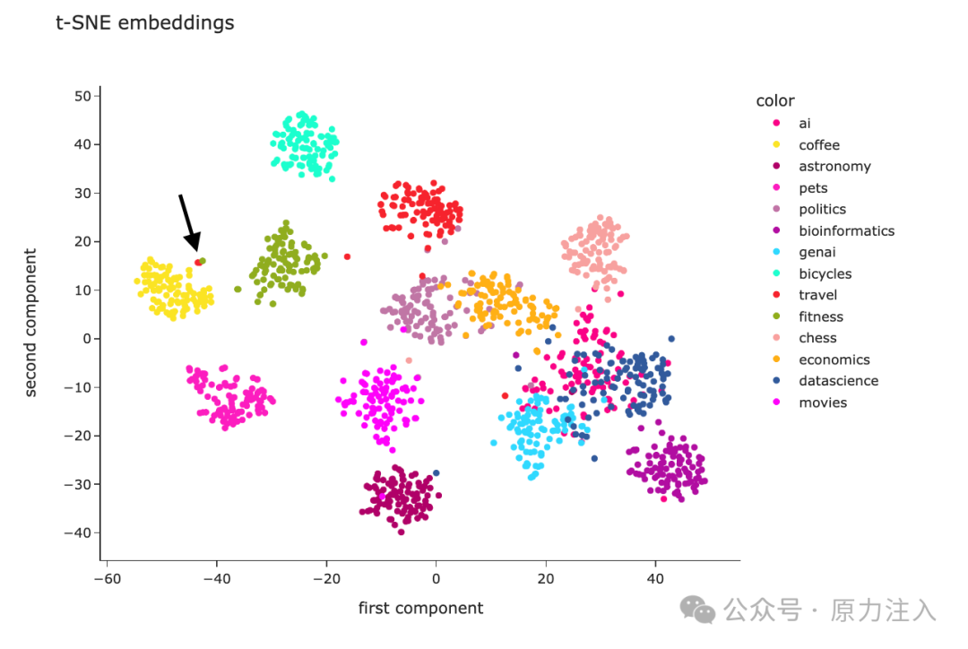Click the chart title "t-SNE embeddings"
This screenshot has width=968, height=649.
tap(145, 23)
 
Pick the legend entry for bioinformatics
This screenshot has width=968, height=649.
tap(846, 231)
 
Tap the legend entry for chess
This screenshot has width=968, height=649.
tap(817, 338)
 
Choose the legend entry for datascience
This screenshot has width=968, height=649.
tap(838, 381)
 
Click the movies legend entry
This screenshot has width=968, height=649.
tap(823, 402)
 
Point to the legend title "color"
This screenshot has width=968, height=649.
tap(775, 101)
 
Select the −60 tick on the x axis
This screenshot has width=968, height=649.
tap(107, 579)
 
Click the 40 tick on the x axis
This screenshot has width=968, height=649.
tap(655, 579)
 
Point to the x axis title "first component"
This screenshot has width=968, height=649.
tap(420, 609)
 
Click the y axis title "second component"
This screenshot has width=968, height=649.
tap(30, 323)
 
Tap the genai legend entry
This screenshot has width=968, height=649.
tap(817, 253)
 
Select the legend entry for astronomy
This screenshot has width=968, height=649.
tap(834, 167)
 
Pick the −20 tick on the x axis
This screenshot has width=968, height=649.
tap(325, 579)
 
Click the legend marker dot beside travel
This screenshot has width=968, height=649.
tap(776, 295)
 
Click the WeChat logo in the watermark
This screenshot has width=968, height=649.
tap(697, 610)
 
